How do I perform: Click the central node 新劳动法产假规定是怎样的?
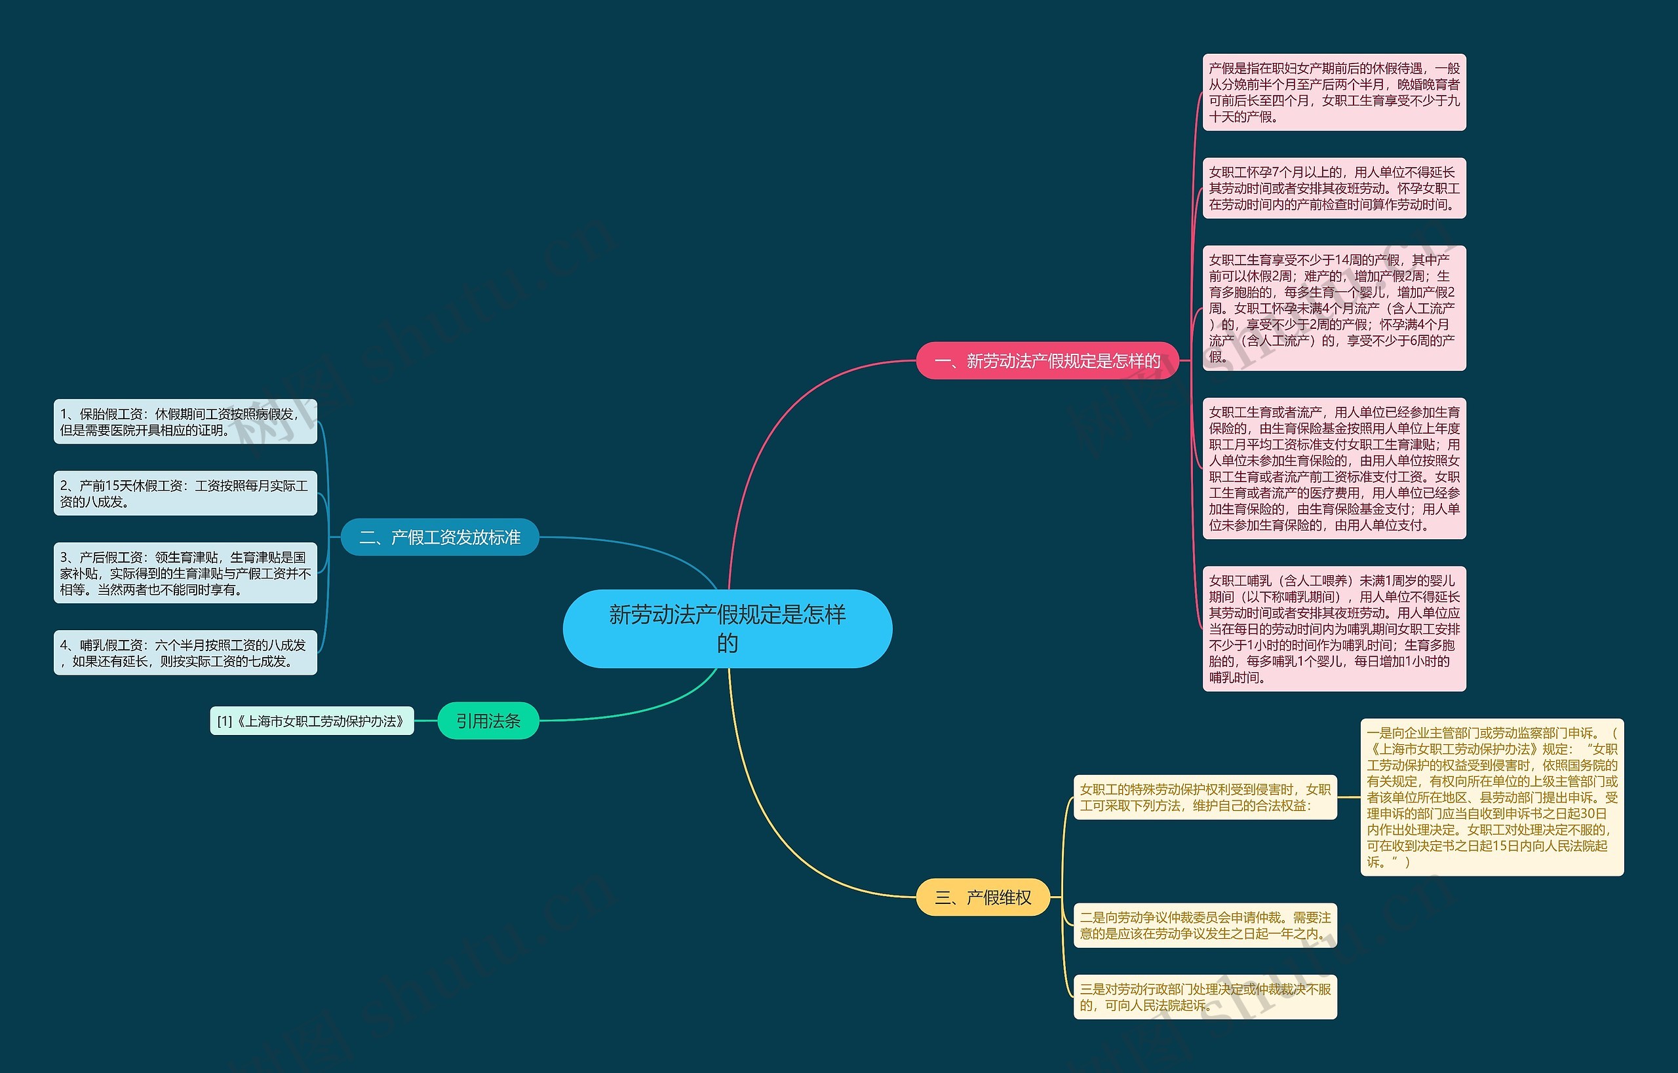[x=727, y=628]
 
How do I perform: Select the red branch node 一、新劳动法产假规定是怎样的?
[x=1047, y=361]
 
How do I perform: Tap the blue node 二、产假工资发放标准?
[x=440, y=537]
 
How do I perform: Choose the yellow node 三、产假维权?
[x=983, y=897]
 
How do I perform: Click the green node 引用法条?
[x=488, y=721]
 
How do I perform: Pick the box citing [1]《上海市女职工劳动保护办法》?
[x=311, y=721]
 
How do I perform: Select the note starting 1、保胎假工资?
[x=185, y=422]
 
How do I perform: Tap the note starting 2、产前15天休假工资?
[x=185, y=493]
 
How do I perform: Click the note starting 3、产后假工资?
[x=185, y=573]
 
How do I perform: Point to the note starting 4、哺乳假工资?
[x=185, y=653]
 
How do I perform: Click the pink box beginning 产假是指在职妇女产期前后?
[x=1335, y=92]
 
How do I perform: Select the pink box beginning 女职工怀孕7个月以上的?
[x=1335, y=188]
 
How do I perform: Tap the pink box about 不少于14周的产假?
[x=1335, y=308]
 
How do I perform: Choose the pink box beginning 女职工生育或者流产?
[x=1335, y=468]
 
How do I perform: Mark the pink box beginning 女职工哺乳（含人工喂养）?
[x=1335, y=628]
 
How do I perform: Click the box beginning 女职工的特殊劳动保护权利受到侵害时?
[x=1205, y=797]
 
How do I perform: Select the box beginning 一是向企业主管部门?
[x=1492, y=797]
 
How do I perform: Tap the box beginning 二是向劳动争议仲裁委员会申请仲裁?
[x=1205, y=926]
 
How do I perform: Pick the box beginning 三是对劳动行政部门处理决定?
[x=1205, y=997]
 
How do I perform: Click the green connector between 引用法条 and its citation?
[x=425, y=721]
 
